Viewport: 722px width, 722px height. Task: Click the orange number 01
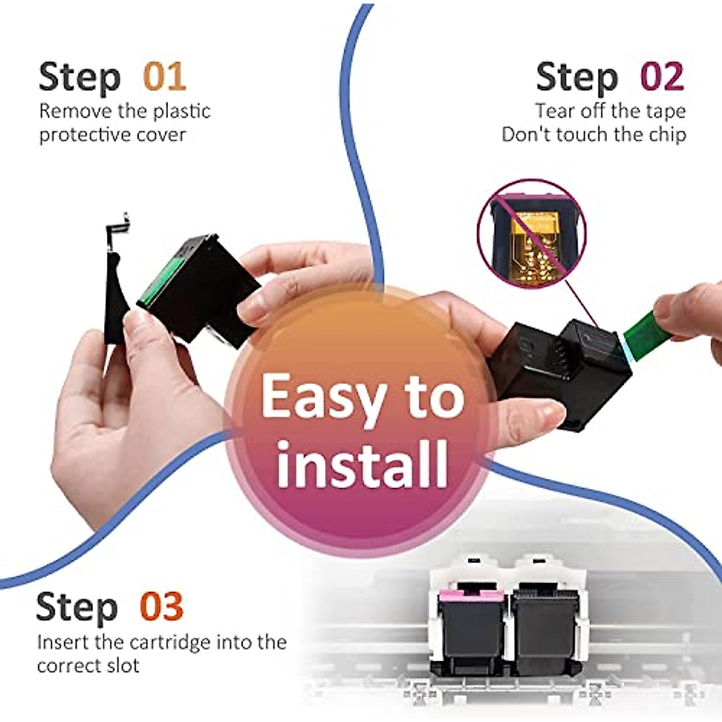click(x=164, y=78)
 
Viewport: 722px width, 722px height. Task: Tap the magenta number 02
click(x=662, y=78)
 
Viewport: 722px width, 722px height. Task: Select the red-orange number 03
click(x=161, y=606)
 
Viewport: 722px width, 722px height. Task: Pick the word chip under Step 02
click(x=667, y=134)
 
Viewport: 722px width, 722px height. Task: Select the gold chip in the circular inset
click(x=532, y=241)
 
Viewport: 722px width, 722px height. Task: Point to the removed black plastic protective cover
click(x=116, y=289)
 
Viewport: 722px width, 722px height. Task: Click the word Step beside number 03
click(x=77, y=606)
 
